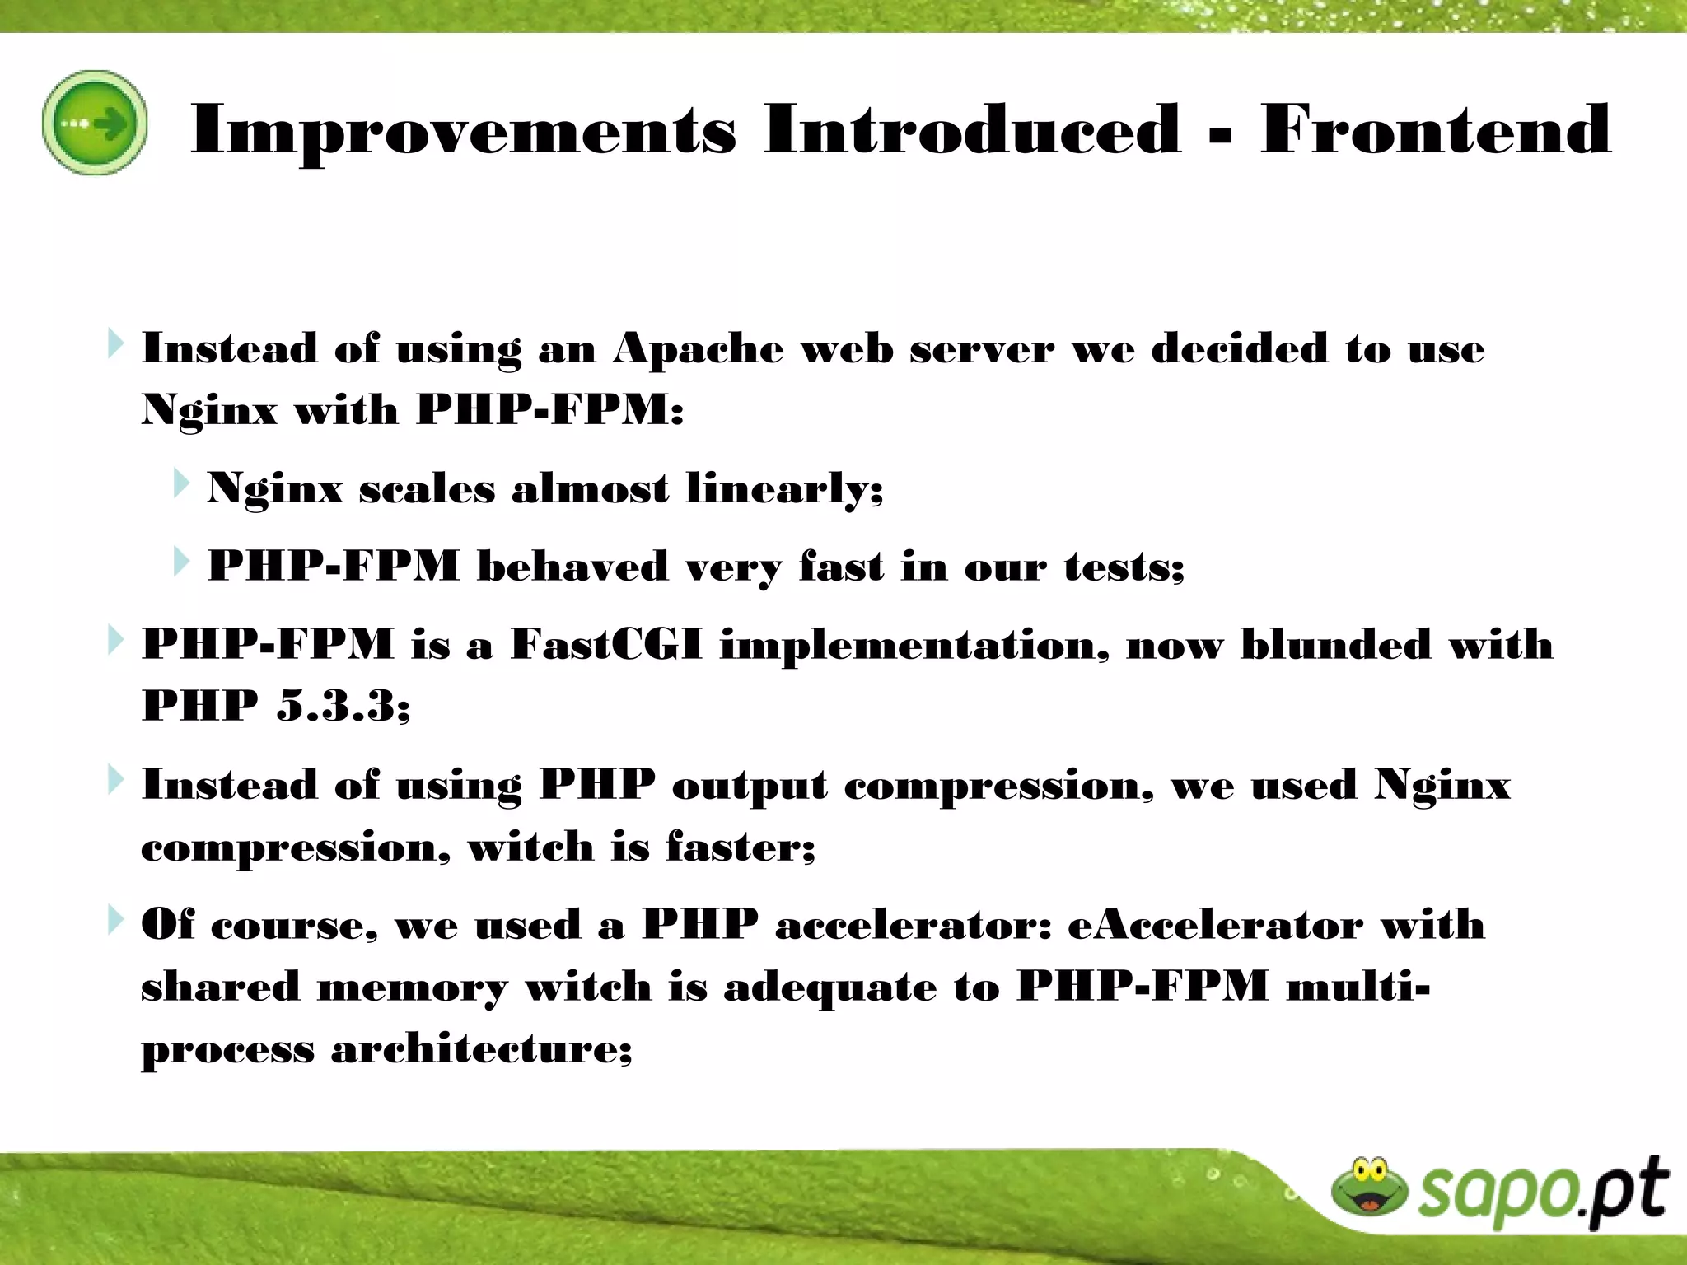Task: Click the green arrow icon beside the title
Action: [x=95, y=124]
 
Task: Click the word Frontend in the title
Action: [x=1435, y=129]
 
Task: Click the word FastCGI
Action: [x=606, y=644]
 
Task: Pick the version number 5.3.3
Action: [x=342, y=706]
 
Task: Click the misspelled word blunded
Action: [x=1335, y=644]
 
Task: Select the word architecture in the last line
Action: [x=481, y=1049]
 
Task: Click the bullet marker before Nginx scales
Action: [x=180, y=484]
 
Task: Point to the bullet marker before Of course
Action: [x=114, y=920]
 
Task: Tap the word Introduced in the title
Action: [x=972, y=129]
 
